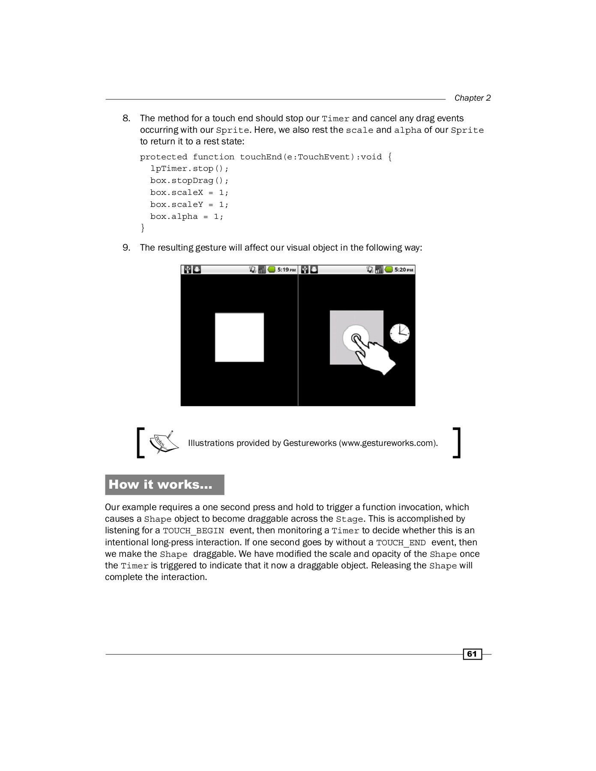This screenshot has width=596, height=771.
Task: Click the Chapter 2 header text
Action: [472, 98]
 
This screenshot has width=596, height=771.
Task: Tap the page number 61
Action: [472, 654]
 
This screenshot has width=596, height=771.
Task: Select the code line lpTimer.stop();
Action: [189, 169]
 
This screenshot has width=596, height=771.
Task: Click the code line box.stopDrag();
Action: [189, 181]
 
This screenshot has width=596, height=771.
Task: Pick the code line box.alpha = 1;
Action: [186, 217]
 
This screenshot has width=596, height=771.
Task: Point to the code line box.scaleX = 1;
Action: [189, 193]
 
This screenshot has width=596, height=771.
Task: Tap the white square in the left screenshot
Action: [239, 338]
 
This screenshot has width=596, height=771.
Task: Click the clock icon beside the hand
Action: [399, 334]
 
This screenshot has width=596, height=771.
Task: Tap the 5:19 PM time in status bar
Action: [286, 270]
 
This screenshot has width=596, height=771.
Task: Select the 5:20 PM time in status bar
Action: [404, 270]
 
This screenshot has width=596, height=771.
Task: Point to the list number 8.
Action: [126, 118]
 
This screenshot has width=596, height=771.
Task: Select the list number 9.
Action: [126, 248]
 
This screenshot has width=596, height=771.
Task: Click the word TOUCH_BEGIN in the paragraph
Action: [193, 531]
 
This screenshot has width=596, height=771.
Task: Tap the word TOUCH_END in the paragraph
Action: [401, 543]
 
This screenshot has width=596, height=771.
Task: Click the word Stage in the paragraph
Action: [349, 520]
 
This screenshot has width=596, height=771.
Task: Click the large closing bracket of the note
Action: [457, 442]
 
